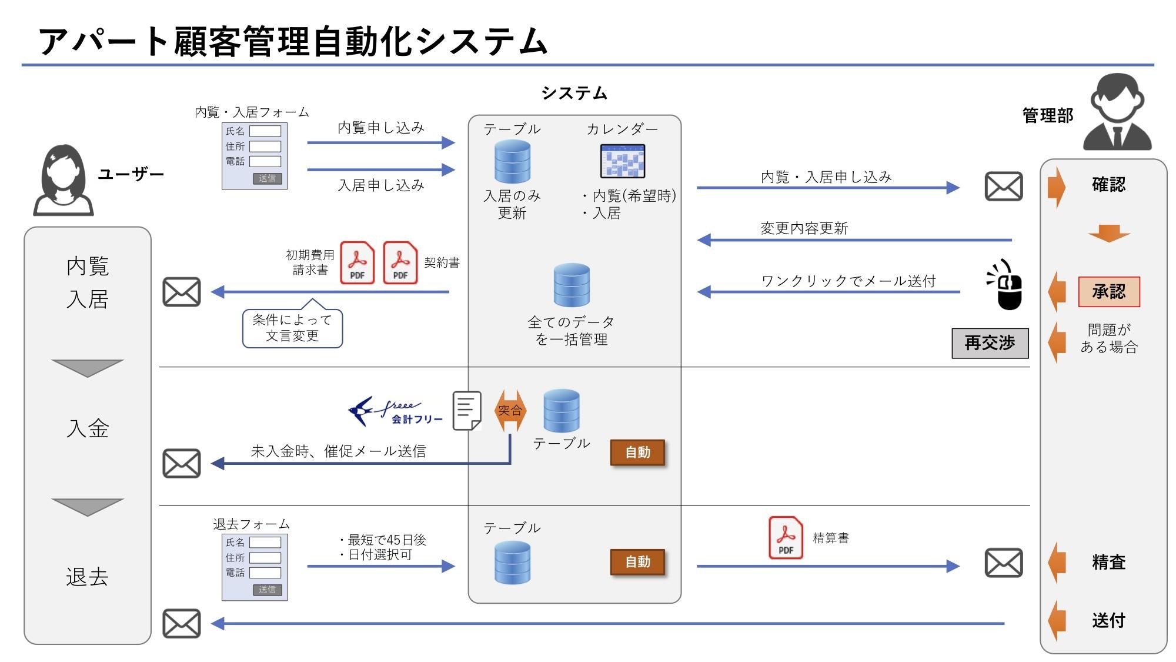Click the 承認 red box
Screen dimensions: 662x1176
1108,292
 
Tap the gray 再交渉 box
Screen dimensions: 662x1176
990,343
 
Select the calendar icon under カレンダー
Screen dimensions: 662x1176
622,161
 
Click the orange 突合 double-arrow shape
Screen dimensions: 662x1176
510,410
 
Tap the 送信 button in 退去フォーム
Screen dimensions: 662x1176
267,590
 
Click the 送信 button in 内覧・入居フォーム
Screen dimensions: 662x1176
267,178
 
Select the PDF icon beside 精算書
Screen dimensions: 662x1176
786,537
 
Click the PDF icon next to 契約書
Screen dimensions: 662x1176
400,263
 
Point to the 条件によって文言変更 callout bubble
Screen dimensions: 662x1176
292,328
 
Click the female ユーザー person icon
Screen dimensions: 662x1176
64,181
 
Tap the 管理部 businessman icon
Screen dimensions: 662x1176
1117,112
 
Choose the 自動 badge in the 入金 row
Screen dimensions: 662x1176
637,453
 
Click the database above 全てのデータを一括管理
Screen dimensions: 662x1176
572,285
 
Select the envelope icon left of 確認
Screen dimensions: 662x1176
1004,187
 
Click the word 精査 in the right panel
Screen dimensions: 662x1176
1108,562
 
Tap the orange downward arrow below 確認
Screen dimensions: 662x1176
1108,233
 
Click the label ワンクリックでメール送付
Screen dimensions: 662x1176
848,281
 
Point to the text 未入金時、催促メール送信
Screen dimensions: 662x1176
338,451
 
